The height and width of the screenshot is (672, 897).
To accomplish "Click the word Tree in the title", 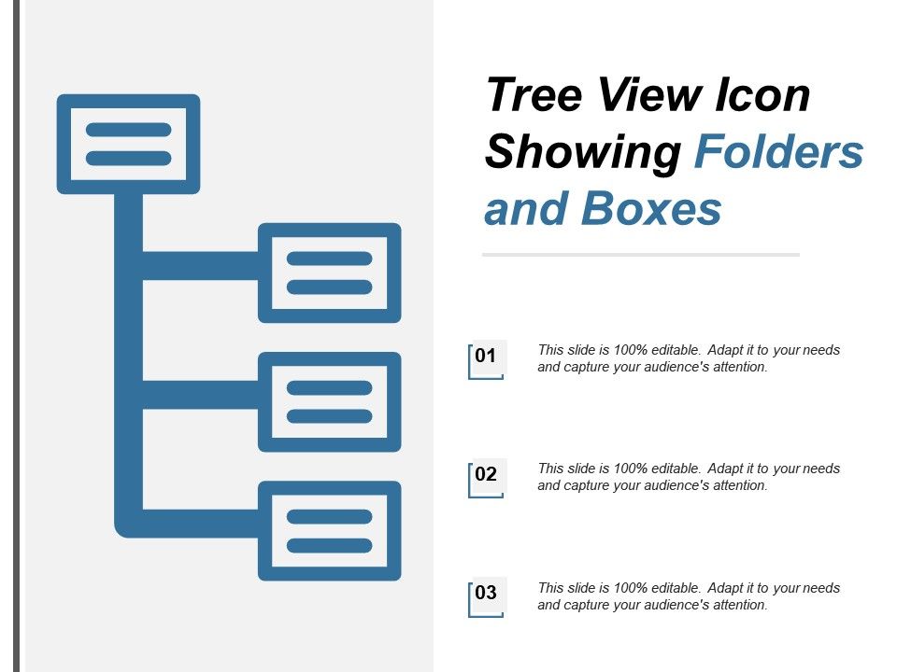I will (x=532, y=96).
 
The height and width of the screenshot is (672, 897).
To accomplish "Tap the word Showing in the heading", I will (x=581, y=153).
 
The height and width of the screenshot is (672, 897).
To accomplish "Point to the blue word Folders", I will (x=778, y=153).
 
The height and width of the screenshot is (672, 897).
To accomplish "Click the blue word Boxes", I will (x=651, y=209).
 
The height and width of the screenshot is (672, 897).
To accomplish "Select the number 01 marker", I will (x=485, y=357).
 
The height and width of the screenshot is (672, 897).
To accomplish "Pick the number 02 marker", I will (x=485, y=475).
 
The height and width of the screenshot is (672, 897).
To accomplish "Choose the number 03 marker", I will (x=485, y=594).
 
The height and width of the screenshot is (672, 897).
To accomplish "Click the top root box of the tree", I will (x=128, y=144).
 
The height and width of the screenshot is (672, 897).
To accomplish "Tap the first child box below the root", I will (x=329, y=273).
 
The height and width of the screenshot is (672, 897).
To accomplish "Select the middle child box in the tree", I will (x=329, y=401).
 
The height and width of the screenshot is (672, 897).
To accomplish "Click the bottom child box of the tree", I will (x=329, y=530).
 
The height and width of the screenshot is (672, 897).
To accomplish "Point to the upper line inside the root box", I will (x=128, y=130).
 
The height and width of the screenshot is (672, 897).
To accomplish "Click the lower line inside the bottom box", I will (x=329, y=545).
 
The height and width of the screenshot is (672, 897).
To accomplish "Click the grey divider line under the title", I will (x=640, y=254).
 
